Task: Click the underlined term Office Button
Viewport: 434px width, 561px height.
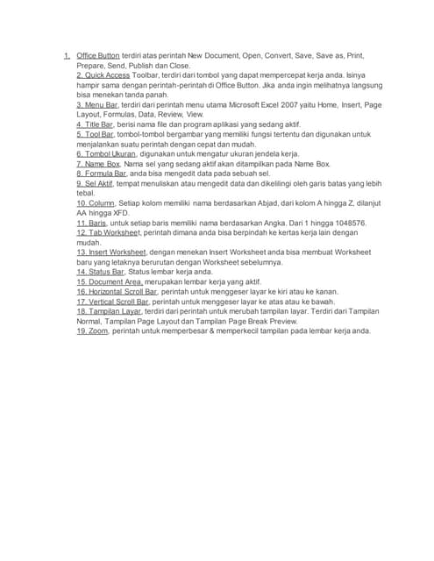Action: (x=98, y=55)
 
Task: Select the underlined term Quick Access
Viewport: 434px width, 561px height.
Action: (x=101, y=75)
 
